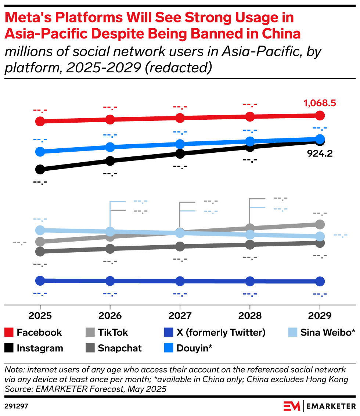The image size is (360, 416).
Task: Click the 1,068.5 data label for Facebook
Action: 320,104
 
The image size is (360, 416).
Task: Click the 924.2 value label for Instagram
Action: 320,153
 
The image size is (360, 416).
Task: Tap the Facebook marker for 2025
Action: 40,121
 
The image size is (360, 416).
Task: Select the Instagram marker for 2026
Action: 110,160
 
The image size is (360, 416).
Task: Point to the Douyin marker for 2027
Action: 180,144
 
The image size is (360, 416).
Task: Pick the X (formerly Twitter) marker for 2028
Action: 250,281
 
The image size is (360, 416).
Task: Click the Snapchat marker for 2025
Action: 40,252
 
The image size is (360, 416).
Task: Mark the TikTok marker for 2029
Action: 320,224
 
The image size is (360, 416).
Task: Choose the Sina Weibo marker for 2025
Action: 40,230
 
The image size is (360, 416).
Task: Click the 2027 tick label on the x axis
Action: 180,315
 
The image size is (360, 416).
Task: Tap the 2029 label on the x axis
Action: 320,315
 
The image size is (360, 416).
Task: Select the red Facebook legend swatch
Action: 10,333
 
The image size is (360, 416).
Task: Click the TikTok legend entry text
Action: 113,333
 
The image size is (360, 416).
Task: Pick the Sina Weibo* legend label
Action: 328,333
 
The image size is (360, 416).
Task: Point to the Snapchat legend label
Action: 120,348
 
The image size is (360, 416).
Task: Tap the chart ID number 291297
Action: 17,406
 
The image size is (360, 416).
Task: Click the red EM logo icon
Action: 292,406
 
